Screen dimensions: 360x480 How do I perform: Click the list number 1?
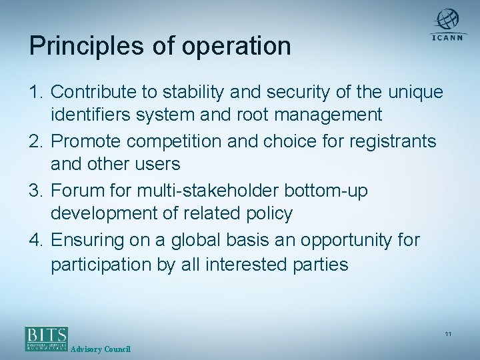coord(35,92)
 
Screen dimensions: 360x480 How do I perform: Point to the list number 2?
coord(35,141)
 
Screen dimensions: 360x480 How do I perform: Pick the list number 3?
coord(35,191)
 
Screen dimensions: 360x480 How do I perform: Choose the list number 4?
coord(35,240)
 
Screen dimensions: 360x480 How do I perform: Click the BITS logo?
coord(47,338)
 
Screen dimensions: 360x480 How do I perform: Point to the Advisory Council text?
coord(100,350)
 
